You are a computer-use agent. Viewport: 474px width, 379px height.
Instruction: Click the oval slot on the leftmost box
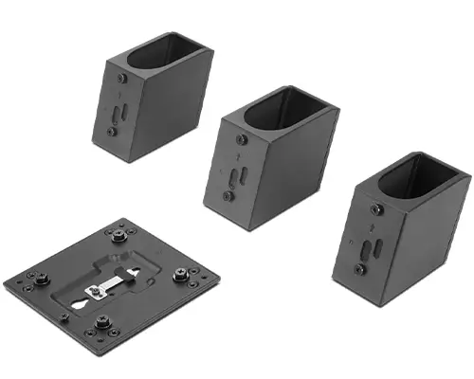coord(118,113)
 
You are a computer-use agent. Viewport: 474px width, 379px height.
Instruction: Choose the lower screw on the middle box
coord(228,195)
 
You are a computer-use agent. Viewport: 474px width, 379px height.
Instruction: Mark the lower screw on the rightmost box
coord(359,269)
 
